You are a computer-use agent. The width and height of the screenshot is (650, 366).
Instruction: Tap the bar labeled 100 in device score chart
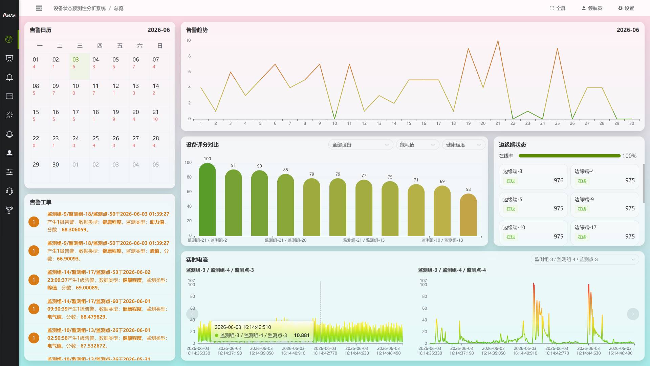click(207, 199)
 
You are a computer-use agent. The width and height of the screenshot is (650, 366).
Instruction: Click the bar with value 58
click(468, 215)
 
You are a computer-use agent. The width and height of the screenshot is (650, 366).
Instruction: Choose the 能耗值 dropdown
click(417, 145)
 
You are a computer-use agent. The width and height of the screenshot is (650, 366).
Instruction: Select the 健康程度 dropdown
click(463, 145)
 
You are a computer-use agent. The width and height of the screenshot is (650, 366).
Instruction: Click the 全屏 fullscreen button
click(558, 8)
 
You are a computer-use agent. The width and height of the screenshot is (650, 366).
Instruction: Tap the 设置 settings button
click(626, 8)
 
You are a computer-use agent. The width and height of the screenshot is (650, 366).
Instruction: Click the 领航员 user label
click(592, 8)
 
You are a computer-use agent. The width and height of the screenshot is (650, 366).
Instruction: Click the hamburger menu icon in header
click(39, 8)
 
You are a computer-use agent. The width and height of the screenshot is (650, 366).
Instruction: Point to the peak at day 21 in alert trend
click(498, 41)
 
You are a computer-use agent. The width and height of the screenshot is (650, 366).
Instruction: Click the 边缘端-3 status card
click(533, 177)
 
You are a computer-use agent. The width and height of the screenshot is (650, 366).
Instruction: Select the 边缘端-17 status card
click(605, 232)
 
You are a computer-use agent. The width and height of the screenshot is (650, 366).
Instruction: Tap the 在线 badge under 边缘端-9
click(582, 209)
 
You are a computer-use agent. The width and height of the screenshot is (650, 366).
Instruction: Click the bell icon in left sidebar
click(9, 77)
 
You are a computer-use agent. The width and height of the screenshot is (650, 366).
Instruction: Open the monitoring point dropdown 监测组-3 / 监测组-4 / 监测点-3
click(585, 260)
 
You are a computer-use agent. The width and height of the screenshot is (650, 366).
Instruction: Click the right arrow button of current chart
click(633, 314)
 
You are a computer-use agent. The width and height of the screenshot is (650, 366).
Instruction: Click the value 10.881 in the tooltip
click(302, 335)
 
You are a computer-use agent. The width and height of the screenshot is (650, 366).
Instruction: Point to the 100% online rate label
click(629, 156)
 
